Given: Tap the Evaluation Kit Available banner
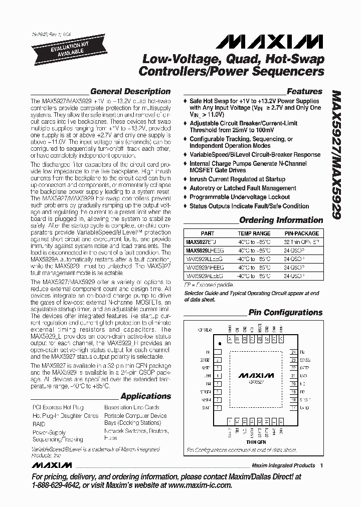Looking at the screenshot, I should [x=56, y=48].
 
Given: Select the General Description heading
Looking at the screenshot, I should [x=130, y=92].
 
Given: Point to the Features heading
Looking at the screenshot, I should [x=304, y=92].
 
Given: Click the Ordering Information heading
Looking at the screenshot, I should [x=281, y=220].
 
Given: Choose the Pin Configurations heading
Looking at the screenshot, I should [x=285, y=312].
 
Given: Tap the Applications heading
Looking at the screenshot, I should [x=145, y=396].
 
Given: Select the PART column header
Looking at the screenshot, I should [x=207, y=233].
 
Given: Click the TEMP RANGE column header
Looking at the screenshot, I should [x=254, y=233].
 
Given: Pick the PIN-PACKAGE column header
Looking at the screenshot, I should [x=301, y=233].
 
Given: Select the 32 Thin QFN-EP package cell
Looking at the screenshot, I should [x=301, y=241].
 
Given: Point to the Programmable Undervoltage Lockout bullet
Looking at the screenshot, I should [x=240, y=197].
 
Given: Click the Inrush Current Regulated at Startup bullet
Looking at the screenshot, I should [x=237, y=179].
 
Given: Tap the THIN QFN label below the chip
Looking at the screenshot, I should [x=255, y=442].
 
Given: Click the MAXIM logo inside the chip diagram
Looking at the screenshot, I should [x=256, y=375].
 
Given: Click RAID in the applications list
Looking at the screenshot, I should [x=39, y=424].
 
